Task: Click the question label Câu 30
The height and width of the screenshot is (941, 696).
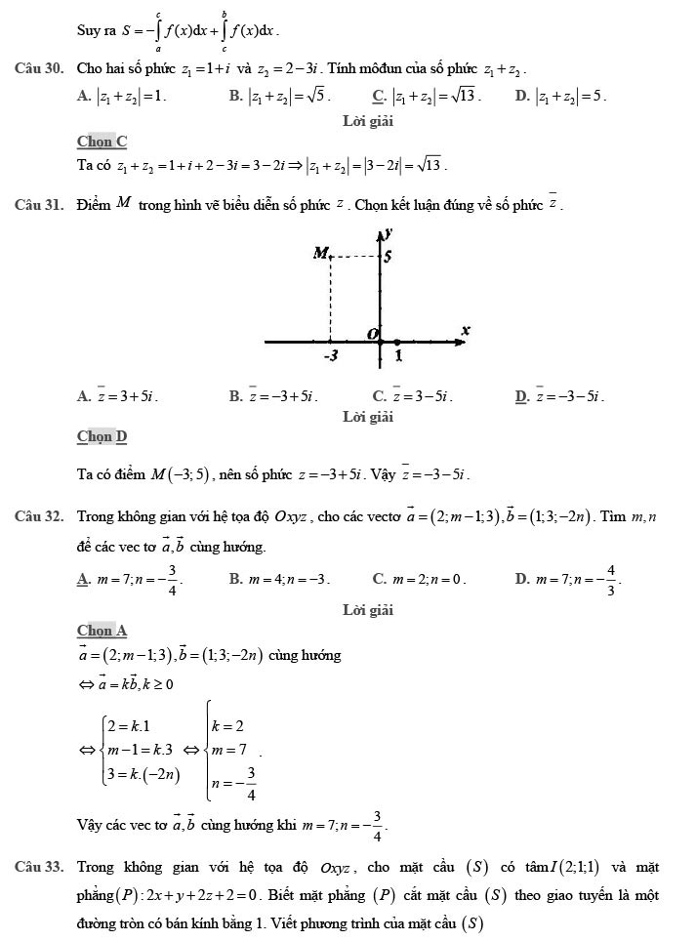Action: [x=40, y=69]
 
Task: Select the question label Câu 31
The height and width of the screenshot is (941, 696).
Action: [x=40, y=205]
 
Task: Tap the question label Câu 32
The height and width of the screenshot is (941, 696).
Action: [x=40, y=515]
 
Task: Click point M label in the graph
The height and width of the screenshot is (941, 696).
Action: [x=319, y=254]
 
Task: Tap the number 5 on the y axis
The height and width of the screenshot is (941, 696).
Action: [x=388, y=258]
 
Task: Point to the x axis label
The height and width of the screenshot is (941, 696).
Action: [x=466, y=331]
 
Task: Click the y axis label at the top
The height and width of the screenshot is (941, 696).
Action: [x=389, y=232]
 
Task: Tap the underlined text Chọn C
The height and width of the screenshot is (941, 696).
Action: [x=102, y=142]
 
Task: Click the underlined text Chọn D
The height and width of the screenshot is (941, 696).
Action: [x=102, y=435]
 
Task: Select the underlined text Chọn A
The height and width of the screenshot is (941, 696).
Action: [x=102, y=631]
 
